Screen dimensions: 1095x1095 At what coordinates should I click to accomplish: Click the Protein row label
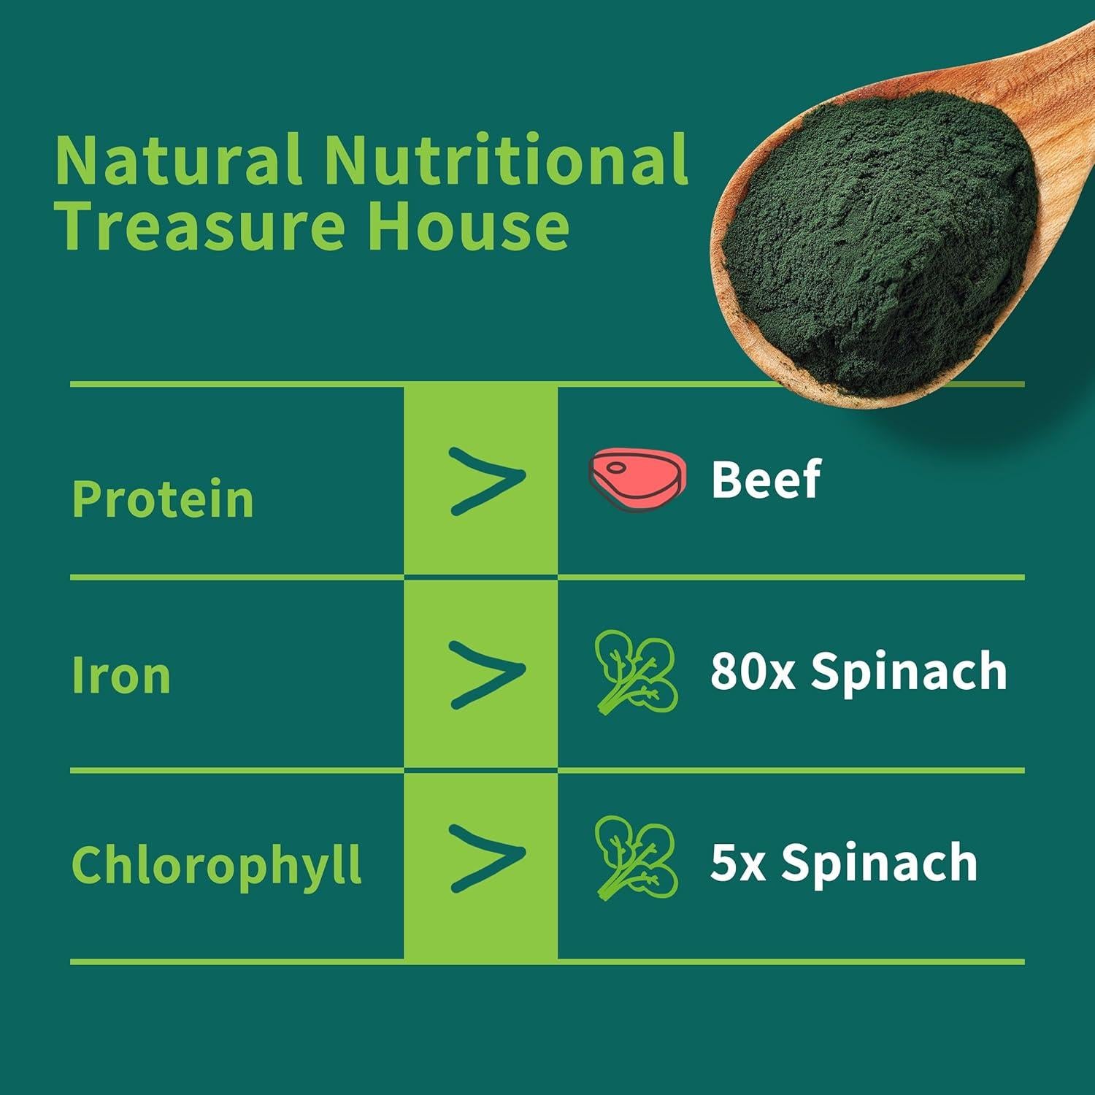(163, 499)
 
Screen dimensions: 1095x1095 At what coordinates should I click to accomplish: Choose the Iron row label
(121, 675)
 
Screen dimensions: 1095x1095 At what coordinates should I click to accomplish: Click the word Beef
(766, 479)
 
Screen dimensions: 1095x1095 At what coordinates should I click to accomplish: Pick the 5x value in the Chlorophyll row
(737, 863)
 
